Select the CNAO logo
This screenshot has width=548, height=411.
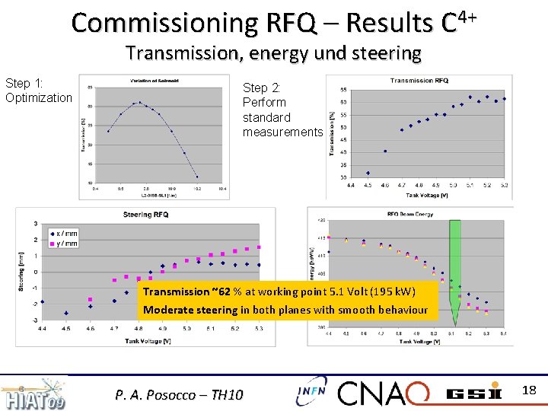pyautogui.click(x=385, y=393)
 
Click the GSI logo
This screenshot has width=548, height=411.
pyautogui.click(x=473, y=393)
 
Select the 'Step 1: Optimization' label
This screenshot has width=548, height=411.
pyautogui.click(x=38, y=91)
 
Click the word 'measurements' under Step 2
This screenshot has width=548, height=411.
pyautogui.click(x=282, y=132)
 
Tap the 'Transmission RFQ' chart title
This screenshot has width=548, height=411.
pyautogui.click(x=419, y=81)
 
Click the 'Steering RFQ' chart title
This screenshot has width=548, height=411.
pyautogui.click(x=145, y=215)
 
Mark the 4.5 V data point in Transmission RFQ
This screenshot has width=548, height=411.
pyautogui.click(x=368, y=173)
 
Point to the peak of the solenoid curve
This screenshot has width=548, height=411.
pyautogui.click(x=139, y=102)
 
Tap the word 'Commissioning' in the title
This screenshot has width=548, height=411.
pyautogui.click(x=164, y=24)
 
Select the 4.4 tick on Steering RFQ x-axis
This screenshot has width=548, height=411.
pyautogui.click(x=43, y=329)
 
